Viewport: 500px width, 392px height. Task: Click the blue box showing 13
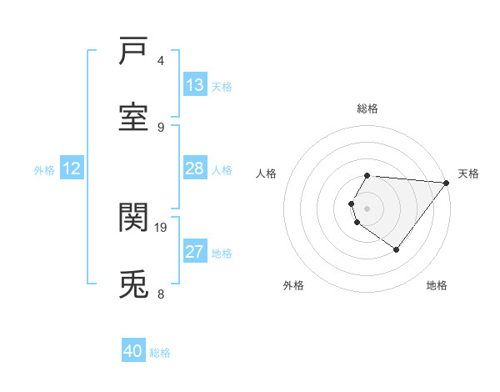[x=195, y=85]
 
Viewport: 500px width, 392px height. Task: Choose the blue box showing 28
[x=195, y=168]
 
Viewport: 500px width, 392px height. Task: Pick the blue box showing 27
[x=195, y=252]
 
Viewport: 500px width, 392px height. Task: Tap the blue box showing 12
[x=72, y=168]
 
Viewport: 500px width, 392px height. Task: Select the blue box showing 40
[x=133, y=351]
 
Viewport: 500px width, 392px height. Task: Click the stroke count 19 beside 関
[x=161, y=227]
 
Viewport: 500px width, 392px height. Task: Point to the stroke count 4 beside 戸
[x=161, y=60]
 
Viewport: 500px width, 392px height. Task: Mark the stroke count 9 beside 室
[x=161, y=127]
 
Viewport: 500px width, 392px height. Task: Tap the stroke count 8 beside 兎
[x=161, y=294]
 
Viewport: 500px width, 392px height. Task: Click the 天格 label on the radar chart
[x=468, y=173]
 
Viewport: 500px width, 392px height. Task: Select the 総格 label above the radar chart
[x=367, y=108]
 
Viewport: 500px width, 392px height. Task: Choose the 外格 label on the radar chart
[x=292, y=285]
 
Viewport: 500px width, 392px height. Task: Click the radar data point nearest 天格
[x=447, y=183]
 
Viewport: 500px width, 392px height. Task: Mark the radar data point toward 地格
[x=396, y=249]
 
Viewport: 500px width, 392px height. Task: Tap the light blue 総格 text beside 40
[x=160, y=352]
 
